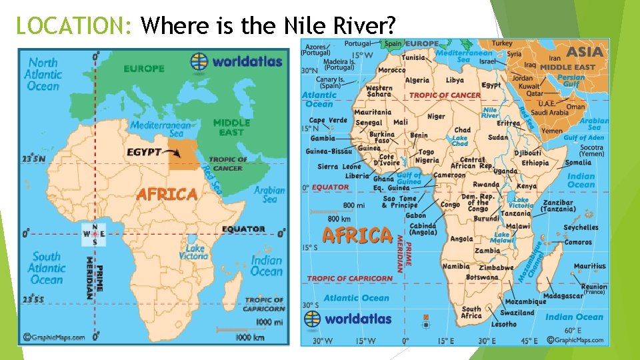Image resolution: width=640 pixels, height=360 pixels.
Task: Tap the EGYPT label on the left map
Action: (x=144, y=152)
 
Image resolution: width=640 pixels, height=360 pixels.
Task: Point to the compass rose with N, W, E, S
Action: (x=94, y=234)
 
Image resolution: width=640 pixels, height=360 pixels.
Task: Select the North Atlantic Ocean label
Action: (x=43, y=74)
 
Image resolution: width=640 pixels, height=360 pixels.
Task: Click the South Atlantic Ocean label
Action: (x=46, y=268)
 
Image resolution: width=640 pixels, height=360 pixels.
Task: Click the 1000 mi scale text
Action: (x=269, y=322)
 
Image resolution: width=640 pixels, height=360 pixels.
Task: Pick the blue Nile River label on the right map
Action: (x=490, y=113)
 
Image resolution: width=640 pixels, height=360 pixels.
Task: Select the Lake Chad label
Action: (x=460, y=141)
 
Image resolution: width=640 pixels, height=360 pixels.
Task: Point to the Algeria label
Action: (x=417, y=81)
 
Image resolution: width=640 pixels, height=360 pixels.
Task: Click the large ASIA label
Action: (x=585, y=52)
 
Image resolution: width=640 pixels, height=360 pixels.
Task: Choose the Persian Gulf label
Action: (x=571, y=81)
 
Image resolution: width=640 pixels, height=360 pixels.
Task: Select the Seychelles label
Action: (x=580, y=227)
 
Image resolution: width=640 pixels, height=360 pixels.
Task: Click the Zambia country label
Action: (x=487, y=251)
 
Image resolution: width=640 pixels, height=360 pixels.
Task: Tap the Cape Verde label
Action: (x=327, y=121)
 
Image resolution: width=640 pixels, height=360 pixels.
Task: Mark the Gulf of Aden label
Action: (x=583, y=138)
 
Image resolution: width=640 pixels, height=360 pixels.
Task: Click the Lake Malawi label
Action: (x=501, y=238)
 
